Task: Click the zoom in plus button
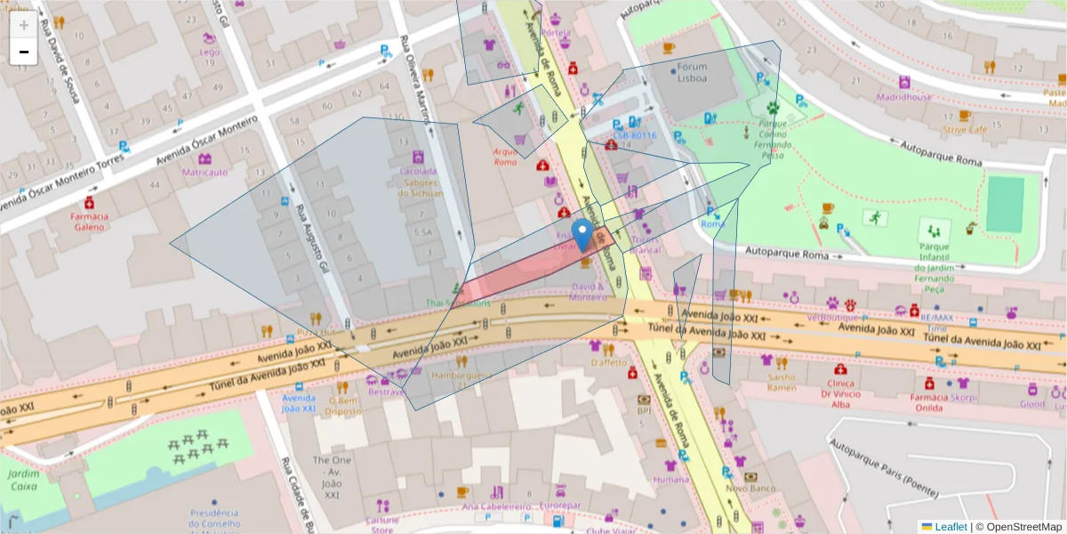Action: (x=24, y=25)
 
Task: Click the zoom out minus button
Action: (x=24, y=52)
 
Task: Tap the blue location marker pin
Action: (x=582, y=236)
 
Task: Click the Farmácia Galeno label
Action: (x=90, y=222)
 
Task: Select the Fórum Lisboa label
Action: (x=693, y=72)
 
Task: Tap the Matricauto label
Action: (x=205, y=172)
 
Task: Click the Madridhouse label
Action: (x=904, y=97)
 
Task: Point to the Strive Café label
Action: (x=965, y=129)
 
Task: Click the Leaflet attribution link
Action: (x=950, y=527)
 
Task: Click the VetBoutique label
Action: (x=832, y=317)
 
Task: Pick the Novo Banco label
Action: (x=750, y=489)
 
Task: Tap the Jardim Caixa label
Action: (x=23, y=481)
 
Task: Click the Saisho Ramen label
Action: (x=782, y=382)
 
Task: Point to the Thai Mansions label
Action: (x=458, y=303)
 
